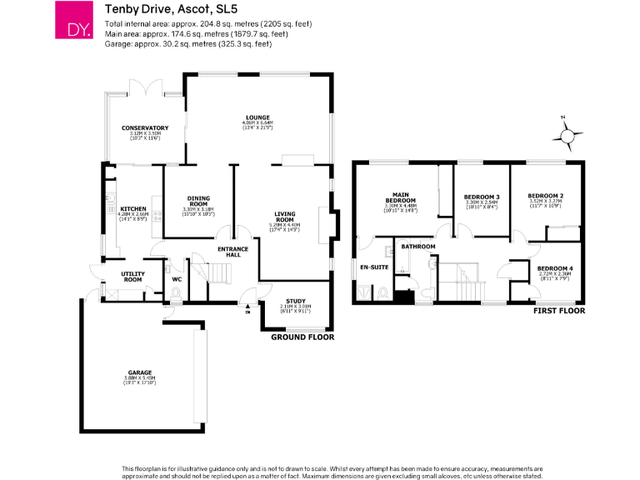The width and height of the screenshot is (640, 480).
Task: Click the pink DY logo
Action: tap(72, 20)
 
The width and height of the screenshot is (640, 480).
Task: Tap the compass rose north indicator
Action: tap(567, 134)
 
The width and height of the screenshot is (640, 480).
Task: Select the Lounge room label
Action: tap(257, 118)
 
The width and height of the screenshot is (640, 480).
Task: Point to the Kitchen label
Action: tap(133, 208)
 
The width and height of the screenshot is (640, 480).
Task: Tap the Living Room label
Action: tap(285, 217)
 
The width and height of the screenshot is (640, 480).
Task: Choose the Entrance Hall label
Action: tap(232, 252)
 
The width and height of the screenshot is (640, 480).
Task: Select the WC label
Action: tap(177, 279)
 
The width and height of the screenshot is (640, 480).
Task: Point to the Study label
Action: tap(296, 301)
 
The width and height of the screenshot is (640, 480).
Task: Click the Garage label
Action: tap(139, 372)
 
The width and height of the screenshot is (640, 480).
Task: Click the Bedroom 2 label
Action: tap(546, 195)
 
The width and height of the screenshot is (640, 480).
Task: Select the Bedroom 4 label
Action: tap(551, 267)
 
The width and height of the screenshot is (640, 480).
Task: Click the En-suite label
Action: tap(370, 267)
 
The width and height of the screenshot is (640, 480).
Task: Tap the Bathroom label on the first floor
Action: tap(418, 247)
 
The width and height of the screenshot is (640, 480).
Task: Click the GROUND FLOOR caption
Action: tap(302, 337)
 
